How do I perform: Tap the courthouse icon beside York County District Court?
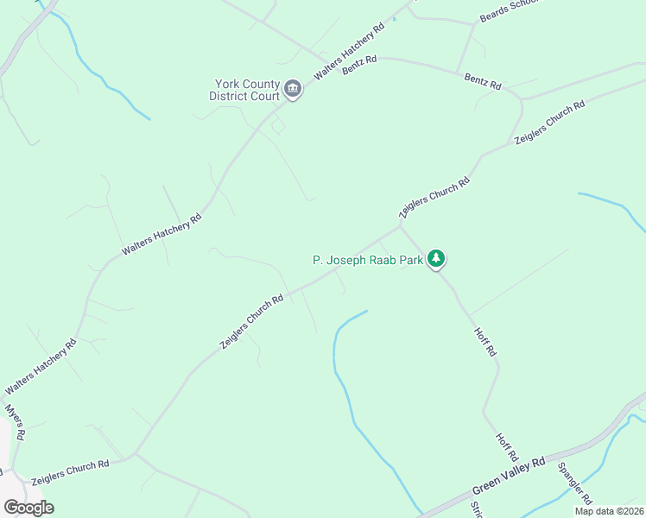(293, 90)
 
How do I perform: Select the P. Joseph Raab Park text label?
(368, 259)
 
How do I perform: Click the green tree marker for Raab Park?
(437, 258)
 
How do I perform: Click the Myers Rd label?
(16, 422)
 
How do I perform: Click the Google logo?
(28, 507)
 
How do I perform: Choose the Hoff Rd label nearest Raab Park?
(485, 343)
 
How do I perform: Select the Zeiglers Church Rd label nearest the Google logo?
(70, 472)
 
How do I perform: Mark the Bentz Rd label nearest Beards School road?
(483, 83)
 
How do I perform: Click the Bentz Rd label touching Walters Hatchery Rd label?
(359, 65)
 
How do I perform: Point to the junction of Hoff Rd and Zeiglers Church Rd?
(400, 226)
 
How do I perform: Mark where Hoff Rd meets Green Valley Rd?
(522, 464)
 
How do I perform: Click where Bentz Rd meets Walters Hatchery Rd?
(377, 58)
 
